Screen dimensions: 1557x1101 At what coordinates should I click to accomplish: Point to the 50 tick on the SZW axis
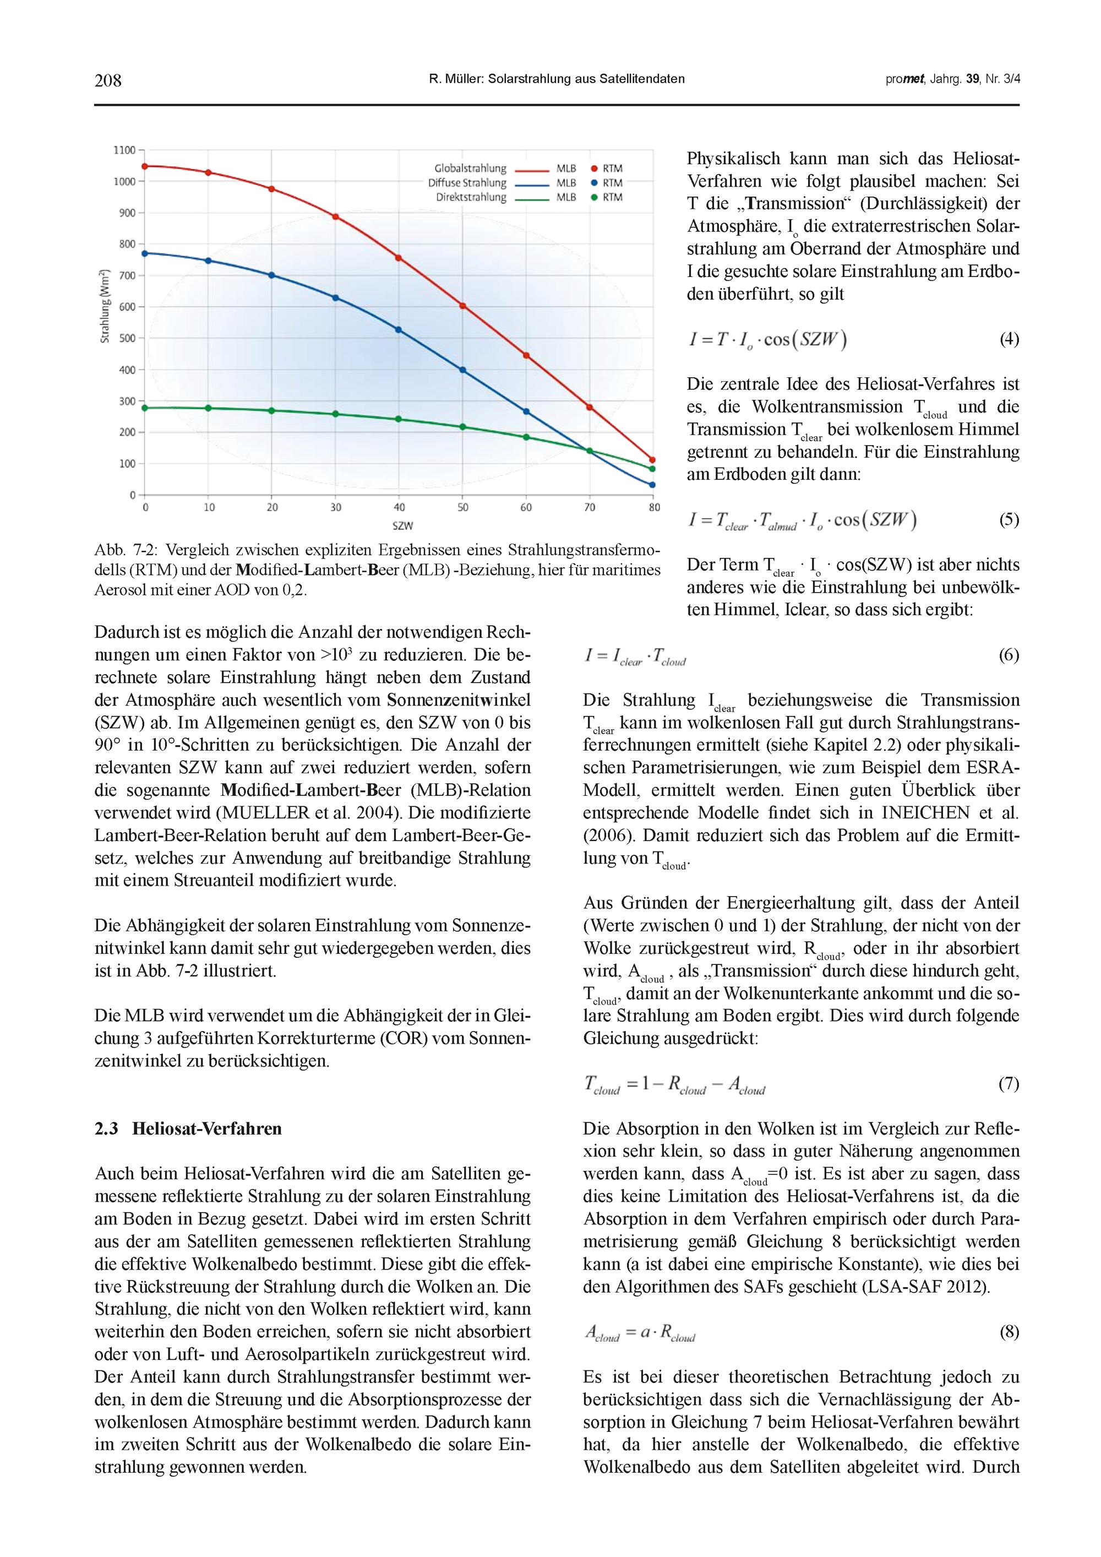pyautogui.click(x=462, y=507)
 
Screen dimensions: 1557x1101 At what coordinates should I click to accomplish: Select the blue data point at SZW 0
pyautogui.click(x=144, y=253)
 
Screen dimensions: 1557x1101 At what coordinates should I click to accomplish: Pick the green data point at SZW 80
pyautogui.click(x=652, y=469)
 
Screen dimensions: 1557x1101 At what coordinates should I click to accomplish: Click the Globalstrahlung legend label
pyautogui.click(x=471, y=168)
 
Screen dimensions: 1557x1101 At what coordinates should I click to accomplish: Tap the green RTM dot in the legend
pyautogui.click(x=594, y=197)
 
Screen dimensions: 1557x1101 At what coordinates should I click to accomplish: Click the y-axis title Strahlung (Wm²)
pyautogui.click(x=105, y=307)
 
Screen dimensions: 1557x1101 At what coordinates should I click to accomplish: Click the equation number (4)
pyautogui.click(x=1009, y=339)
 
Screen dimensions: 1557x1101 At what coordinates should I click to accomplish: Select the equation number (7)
pyautogui.click(x=1009, y=1084)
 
